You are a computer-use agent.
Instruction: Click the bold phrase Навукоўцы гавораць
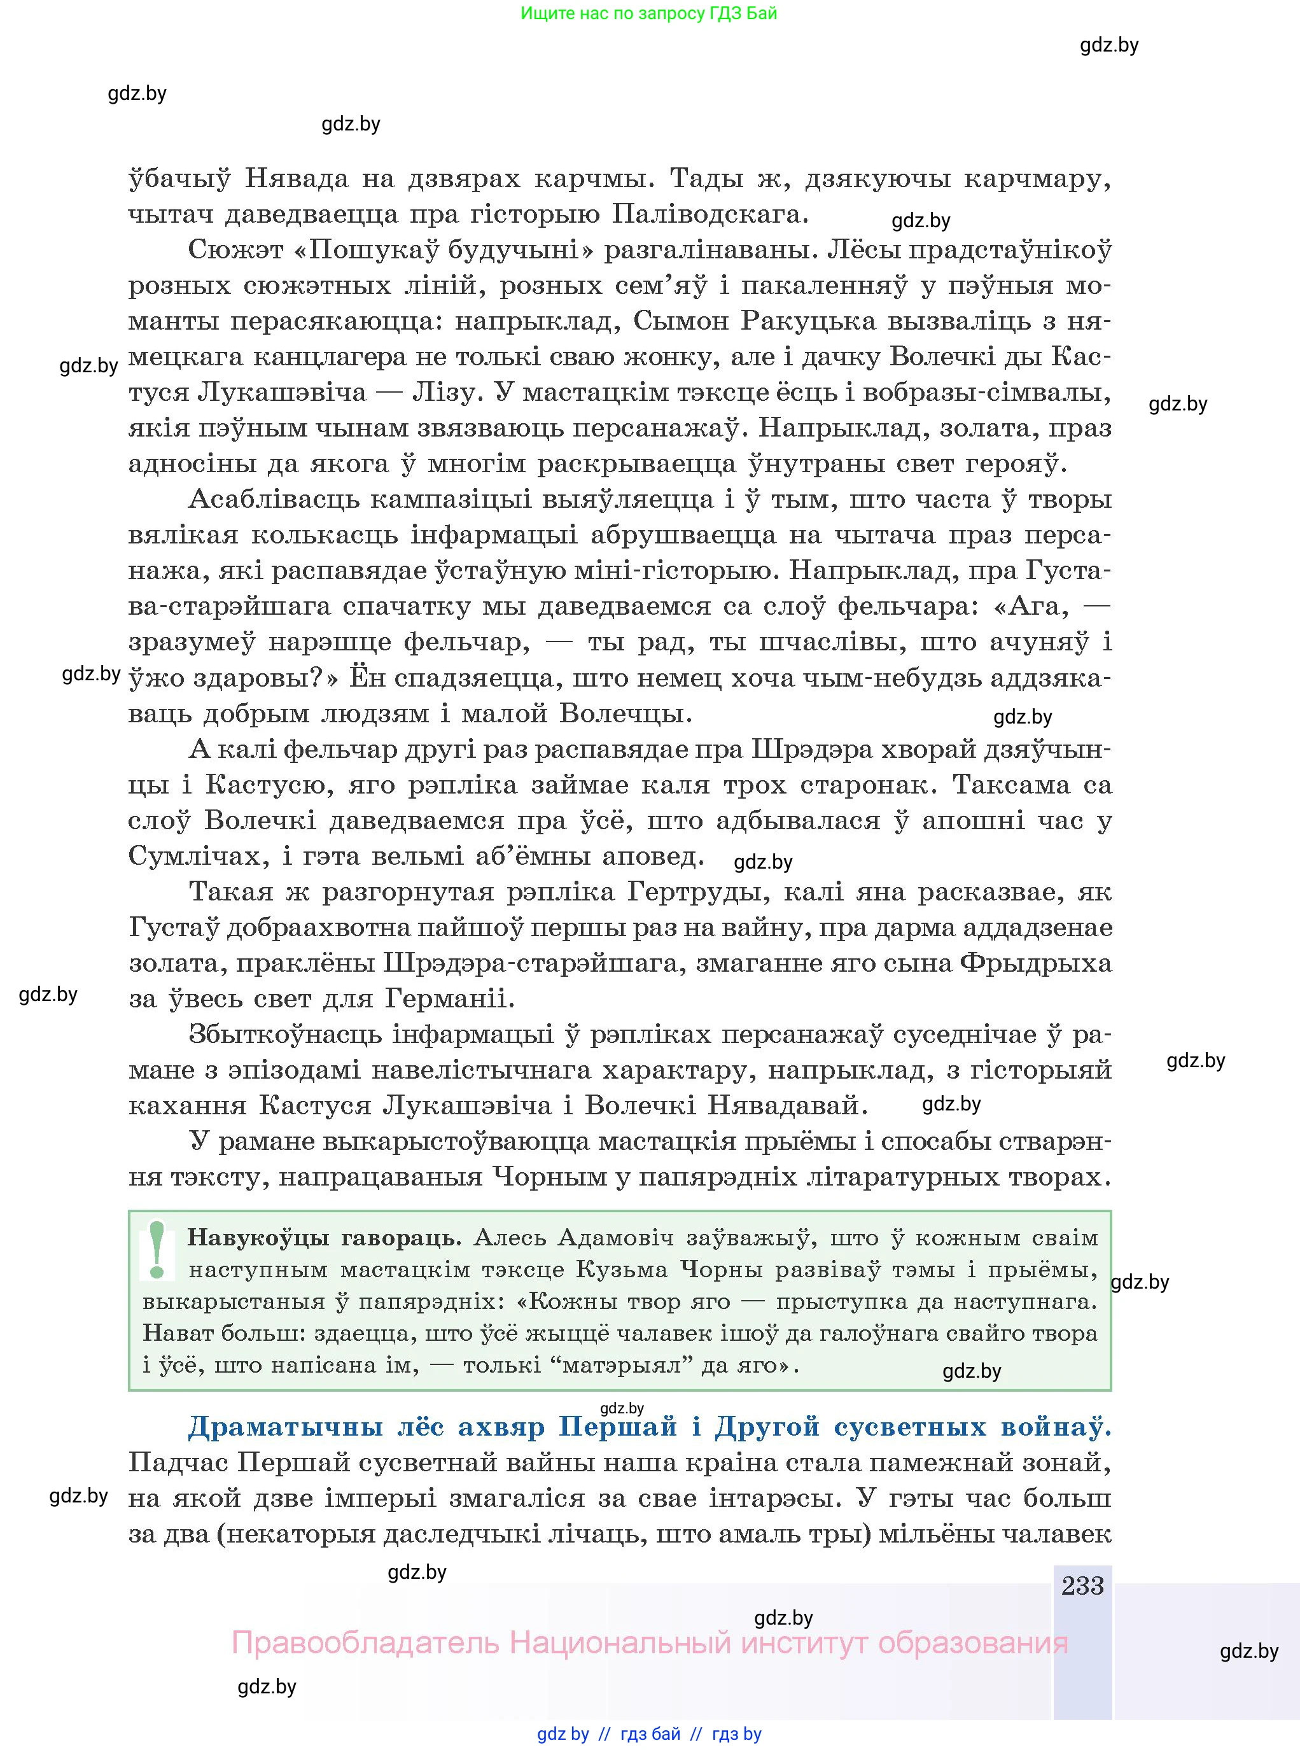coord(323,1238)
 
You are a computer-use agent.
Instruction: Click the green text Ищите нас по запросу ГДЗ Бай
coord(648,13)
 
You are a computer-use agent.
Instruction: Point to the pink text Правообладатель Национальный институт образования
coord(649,1643)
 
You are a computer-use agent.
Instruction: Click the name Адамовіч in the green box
coord(615,1238)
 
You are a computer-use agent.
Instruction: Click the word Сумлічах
coord(192,856)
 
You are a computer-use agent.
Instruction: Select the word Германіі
coord(449,999)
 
